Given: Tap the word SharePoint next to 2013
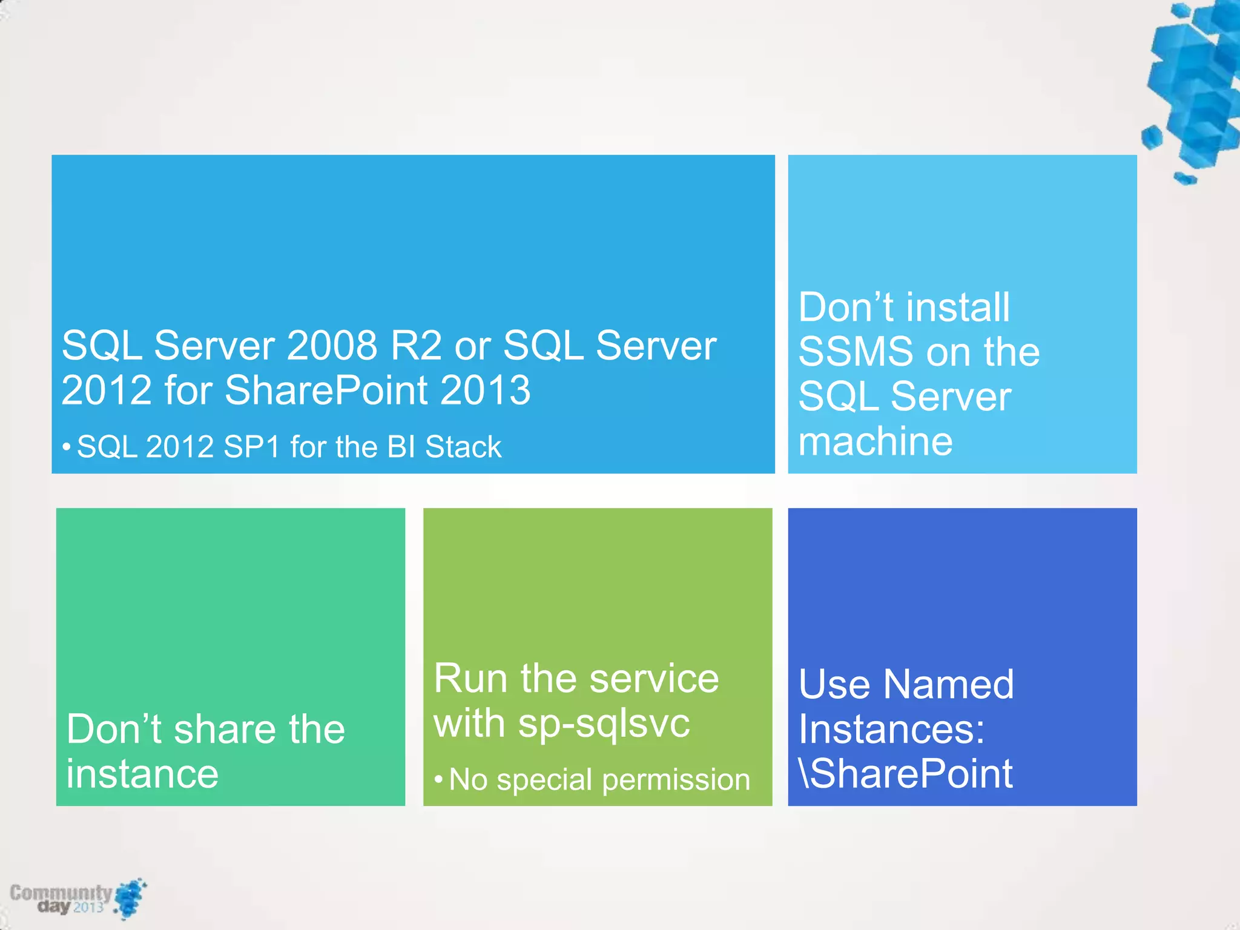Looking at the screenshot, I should click(327, 391).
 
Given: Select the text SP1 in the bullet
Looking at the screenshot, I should click(252, 447).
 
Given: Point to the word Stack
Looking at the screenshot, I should click(463, 447).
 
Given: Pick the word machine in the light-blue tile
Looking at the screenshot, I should click(875, 441).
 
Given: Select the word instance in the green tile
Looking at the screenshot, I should click(142, 774).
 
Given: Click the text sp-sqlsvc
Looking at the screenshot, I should click(604, 724).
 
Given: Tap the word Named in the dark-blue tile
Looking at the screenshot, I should click(948, 685).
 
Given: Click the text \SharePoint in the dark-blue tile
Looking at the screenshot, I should click(905, 774).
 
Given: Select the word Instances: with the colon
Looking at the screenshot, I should click(891, 730).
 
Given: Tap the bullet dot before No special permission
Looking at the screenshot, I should click(438, 779).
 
